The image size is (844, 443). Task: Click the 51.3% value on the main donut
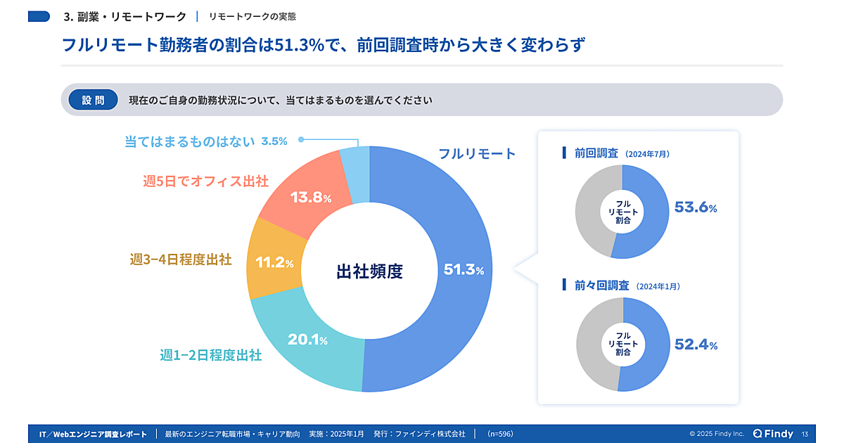pyautogui.click(x=463, y=269)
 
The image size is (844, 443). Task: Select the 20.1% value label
pyautogui.click(x=307, y=340)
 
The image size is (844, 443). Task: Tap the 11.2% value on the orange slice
pyautogui.click(x=274, y=263)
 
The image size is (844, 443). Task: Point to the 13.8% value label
pyautogui.click(x=310, y=198)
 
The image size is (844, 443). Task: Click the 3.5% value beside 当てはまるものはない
pyautogui.click(x=274, y=141)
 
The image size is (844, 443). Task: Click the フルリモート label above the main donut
pyautogui.click(x=477, y=153)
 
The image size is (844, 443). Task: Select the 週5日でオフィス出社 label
pyautogui.click(x=205, y=181)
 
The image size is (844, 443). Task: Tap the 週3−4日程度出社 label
pyautogui.click(x=181, y=259)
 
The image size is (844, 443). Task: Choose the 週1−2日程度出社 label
pyautogui.click(x=211, y=355)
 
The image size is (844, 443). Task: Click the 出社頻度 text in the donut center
pyautogui.click(x=370, y=271)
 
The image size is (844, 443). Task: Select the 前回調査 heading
pyautogui.click(x=596, y=153)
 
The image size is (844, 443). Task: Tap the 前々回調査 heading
pyautogui.click(x=600, y=285)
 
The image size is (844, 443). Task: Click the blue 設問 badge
pyautogui.click(x=93, y=100)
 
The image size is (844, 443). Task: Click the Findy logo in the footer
pyautogui.click(x=773, y=434)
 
